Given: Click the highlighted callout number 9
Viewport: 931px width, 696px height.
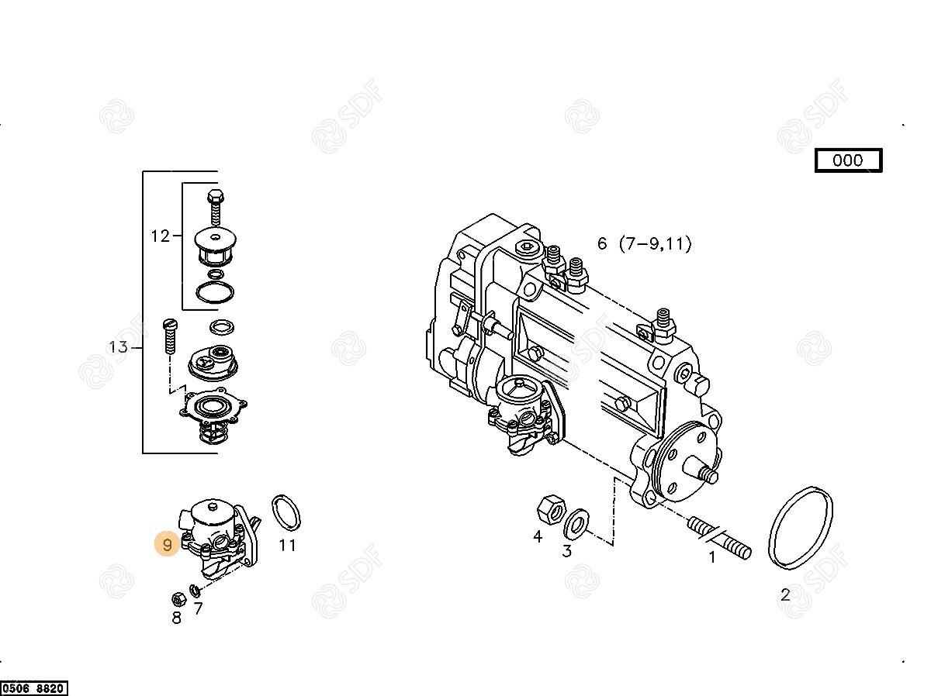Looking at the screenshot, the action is coord(167,545).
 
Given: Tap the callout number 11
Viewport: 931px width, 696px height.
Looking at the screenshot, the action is coord(287,545).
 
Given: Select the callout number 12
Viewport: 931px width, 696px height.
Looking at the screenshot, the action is coord(161,236).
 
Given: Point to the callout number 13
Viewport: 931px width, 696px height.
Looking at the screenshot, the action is coord(119,347).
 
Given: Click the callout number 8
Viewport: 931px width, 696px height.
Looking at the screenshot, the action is coord(177,618).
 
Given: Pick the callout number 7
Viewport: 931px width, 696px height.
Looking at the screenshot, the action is coord(198,608).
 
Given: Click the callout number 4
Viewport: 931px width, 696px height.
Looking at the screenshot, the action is coord(538,536).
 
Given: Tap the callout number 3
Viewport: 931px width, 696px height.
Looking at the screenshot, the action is coord(567,551).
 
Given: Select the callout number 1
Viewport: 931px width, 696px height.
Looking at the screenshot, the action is coord(712,557).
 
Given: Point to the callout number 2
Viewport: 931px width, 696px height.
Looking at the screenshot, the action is coord(785,595).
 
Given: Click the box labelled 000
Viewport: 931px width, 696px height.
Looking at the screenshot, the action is coord(848,160).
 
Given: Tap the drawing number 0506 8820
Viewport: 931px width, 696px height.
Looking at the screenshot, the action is coord(33,688).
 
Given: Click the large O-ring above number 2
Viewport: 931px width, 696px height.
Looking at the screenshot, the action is coord(801,528).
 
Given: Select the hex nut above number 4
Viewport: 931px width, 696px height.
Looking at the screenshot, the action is coord(551,510).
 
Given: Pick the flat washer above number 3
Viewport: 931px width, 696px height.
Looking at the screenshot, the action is coord(576,522).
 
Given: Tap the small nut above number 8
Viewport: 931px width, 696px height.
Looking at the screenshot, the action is coord(179,599).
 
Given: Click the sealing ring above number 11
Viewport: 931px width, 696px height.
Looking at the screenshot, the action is coord(286,512).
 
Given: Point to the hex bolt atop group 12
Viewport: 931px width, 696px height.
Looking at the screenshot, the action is coord(216,207).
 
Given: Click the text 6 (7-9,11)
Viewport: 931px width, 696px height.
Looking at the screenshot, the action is coord(644,244).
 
